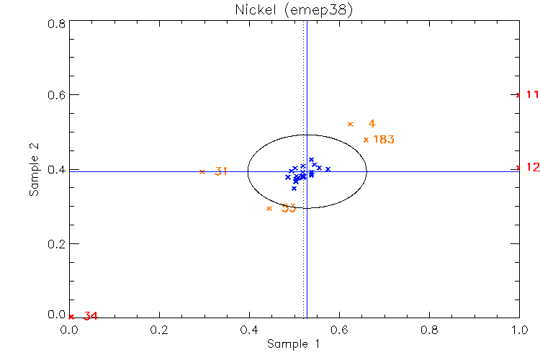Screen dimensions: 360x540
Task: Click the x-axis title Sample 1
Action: [293, 344]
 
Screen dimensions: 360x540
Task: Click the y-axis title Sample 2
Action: [33, 170]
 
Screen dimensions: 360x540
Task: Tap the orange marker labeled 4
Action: [351, 125]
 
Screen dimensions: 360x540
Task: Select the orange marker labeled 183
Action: [366, 140]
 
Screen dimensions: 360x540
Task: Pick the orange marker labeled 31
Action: [202, 171]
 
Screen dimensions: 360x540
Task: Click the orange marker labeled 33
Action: [269, 209]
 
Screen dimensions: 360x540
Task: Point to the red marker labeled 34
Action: [71, 317]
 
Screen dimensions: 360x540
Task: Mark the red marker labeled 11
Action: [519, 94]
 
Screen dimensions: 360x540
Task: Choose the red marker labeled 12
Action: [519, 168]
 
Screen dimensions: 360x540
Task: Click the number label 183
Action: [384, 140]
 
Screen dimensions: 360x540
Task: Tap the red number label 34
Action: [91, 316]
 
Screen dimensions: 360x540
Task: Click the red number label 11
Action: [533, 94]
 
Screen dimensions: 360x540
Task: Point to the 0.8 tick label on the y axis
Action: [57, 23]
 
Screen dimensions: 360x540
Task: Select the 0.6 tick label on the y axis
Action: [57, 95]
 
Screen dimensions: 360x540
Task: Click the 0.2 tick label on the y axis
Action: [57, 243]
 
